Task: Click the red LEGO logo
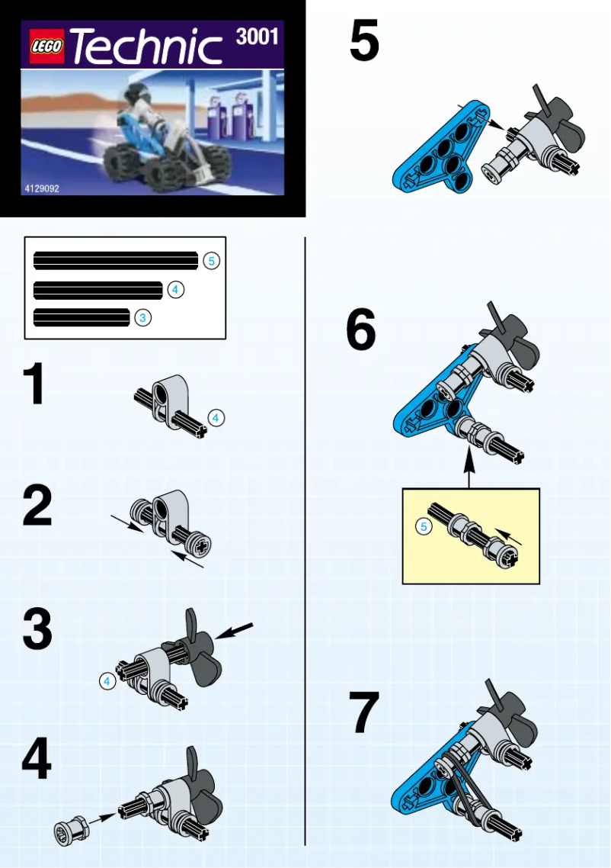(x=47, y=48)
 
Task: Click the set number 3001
(x=257, y=37)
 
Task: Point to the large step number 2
(x=37, y=507)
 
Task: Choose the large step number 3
(x=37, y=631)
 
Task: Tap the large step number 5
(x=364, y=42)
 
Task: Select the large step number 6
(x=361, y=332)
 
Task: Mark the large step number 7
(x=363, y=713)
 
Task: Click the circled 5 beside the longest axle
(x=212, y=261)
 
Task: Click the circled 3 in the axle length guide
(x=143, y=318)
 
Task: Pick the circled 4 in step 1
(x=216, y=418)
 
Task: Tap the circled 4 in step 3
(x=107, y=681)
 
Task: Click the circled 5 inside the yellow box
(x=424, y=526)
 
